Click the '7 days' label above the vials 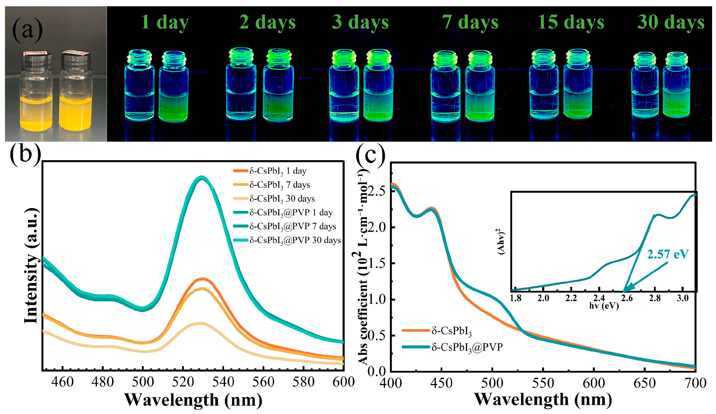click(x=470, y=22)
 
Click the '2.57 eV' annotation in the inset click(x=668, y=254)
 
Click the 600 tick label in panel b click(x=343, y=382)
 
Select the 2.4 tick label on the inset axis click(x=599, y=298)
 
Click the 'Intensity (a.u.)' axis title click(x=31, y=266)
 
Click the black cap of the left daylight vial click(x=36, y=61)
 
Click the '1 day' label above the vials click(x=165, y=22)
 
